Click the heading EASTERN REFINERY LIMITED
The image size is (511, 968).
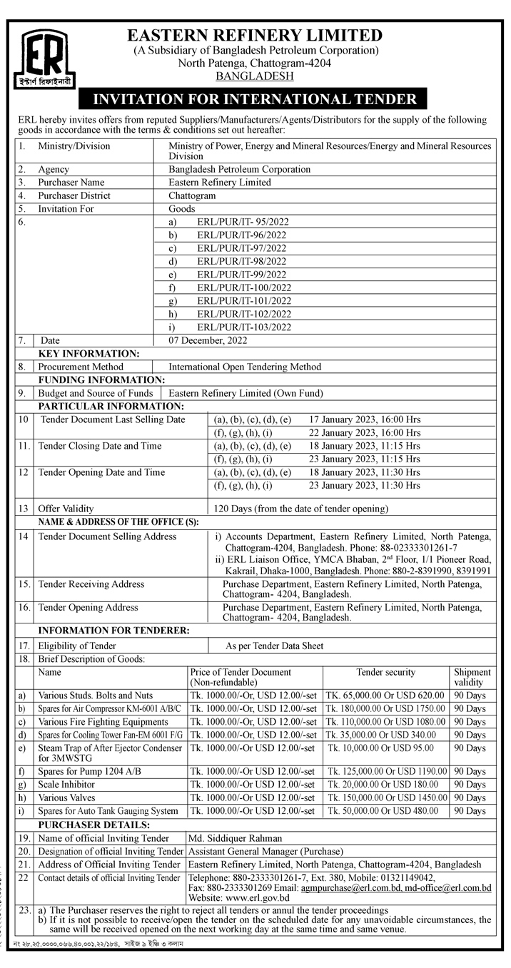(x=255, y=35)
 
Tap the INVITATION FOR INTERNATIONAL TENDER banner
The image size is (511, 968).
(x=255, y=99)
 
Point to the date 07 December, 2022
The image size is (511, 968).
(x=208, y=340)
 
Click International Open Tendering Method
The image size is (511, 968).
(x=245, y=367)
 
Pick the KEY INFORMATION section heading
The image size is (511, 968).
(x=88, y=354)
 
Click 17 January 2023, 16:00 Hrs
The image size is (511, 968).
(x=365, y=419)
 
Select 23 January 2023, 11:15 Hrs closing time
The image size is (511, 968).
(x=365, y=459)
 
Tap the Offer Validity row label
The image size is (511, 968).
(x=66, y=509)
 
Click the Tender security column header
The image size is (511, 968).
(x=385, y=672)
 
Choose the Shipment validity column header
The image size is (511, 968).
(x=472, y=676)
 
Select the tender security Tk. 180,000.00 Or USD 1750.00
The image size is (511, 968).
(x=385, y=708)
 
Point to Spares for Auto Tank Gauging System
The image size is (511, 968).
(x=108, y=811)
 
